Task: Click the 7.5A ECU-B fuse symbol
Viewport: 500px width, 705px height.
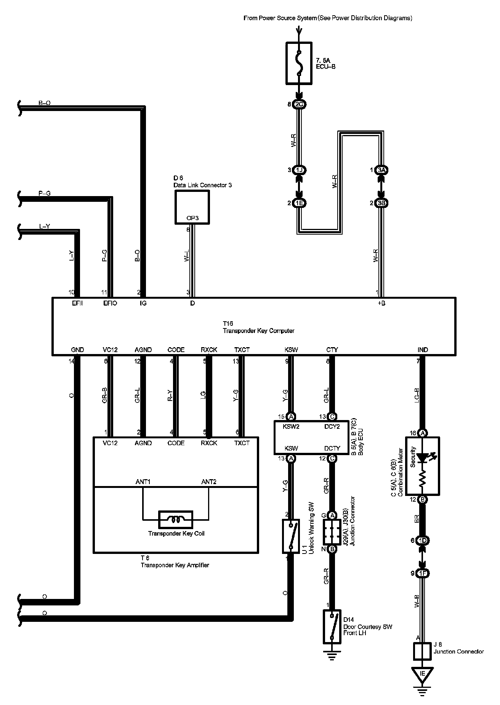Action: coord(299,63)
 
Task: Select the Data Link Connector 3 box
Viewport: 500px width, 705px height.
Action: coord(192,207)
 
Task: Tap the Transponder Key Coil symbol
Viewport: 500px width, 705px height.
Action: coord(176,519)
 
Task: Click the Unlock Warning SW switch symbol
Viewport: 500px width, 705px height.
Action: coord(290,536)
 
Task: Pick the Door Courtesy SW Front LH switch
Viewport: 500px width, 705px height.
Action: coord(332,627)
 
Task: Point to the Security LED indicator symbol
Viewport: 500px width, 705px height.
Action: coord(422,457)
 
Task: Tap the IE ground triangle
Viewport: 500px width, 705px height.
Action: coord(422,674)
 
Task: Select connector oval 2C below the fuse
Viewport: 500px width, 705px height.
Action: coord(299,104)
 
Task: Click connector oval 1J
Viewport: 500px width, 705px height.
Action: coord(299,170)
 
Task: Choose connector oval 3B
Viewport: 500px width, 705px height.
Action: coord(381,203)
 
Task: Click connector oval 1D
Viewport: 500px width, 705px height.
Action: coord(422,540)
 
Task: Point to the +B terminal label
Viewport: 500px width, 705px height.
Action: coord(381,303)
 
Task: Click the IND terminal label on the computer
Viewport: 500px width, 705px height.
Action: coord(423,349)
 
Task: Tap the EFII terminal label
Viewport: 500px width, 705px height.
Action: coord(77,303)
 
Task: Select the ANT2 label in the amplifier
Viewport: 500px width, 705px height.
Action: coord(209,482)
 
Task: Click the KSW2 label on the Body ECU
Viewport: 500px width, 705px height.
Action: coord(291,427)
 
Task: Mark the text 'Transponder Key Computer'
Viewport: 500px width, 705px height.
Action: coord(258,331)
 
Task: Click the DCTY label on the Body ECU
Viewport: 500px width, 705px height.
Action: coord(332,448)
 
